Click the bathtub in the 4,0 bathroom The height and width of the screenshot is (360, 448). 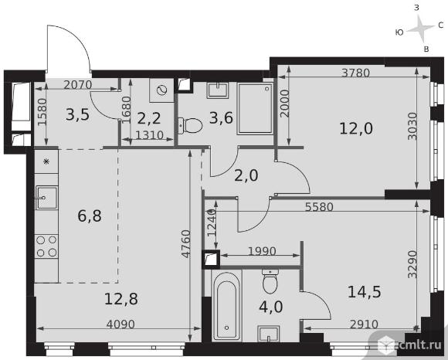(x=227, y=305)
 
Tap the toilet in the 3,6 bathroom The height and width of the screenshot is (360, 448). (x=190, y=125)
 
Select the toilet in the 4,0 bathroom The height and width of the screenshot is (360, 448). (x=270, y=281)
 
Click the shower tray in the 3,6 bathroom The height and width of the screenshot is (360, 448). (x=255, y=109)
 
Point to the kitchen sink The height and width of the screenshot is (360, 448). (x=46, y=197)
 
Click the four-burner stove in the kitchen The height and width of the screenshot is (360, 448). (x=46, y=246)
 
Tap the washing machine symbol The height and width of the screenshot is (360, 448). (x=161, y=90)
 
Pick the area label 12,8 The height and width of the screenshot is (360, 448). (x=121, y=299)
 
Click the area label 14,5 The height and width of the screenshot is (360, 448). (x=365, y=292)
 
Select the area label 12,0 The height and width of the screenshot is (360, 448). (x=356, y=128)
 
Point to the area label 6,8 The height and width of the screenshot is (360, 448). (x=90, y=216)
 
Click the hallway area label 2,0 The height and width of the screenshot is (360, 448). (x=246, y=175)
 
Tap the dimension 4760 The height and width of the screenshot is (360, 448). (x=186, y=243)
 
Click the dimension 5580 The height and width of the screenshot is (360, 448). (x=319, y=206)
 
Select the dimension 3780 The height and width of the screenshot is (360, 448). (x=356, y=73)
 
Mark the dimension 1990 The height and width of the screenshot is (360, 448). (x=262, y=251)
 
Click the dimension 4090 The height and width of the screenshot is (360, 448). (x=120, y=324)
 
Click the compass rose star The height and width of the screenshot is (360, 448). (x=420, y=28)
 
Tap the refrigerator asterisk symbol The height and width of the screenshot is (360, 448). (x=46, y=162)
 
